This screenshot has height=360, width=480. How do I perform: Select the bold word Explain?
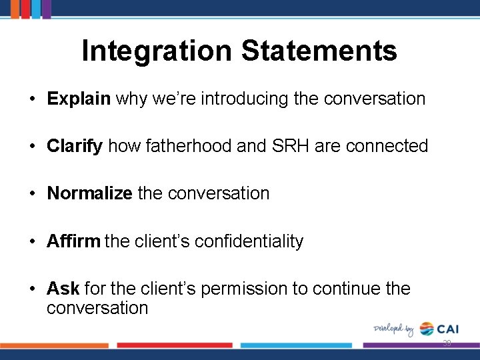click(78, 99)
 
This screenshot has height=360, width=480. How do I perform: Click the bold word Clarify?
click(75, 146)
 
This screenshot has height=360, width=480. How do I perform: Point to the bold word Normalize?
click(89, 193)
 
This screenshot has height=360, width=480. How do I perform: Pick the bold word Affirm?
click(73, 241)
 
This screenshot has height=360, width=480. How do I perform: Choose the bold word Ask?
click(63, 289)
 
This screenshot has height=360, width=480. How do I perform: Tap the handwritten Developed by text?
click(393, 329)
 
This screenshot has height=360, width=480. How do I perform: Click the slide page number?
click(447, 344)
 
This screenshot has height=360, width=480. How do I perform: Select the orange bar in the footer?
click(54, 345)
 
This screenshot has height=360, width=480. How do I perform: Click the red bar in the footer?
click(175, 345)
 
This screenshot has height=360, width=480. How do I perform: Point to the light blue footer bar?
click(295, 345)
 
